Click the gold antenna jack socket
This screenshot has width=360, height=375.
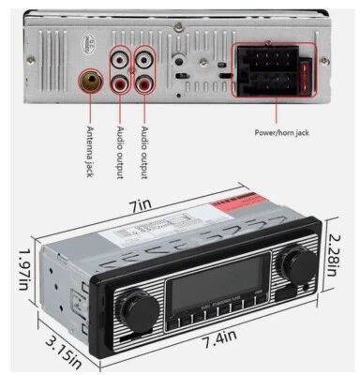pyautogui.click(x=90, y=82)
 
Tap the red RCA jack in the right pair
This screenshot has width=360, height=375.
pyautogui.click(x=145, y=82)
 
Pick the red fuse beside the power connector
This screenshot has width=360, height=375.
pyautogui.click(x=305, y=75)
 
